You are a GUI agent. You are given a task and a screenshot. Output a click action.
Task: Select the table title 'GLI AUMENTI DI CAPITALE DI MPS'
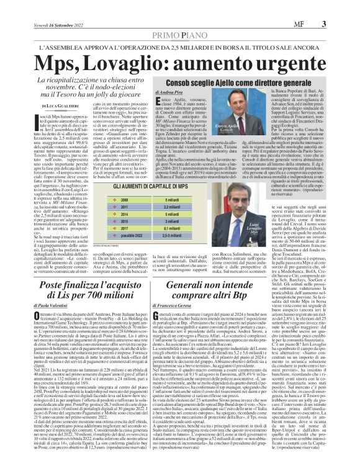coord(155,168)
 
